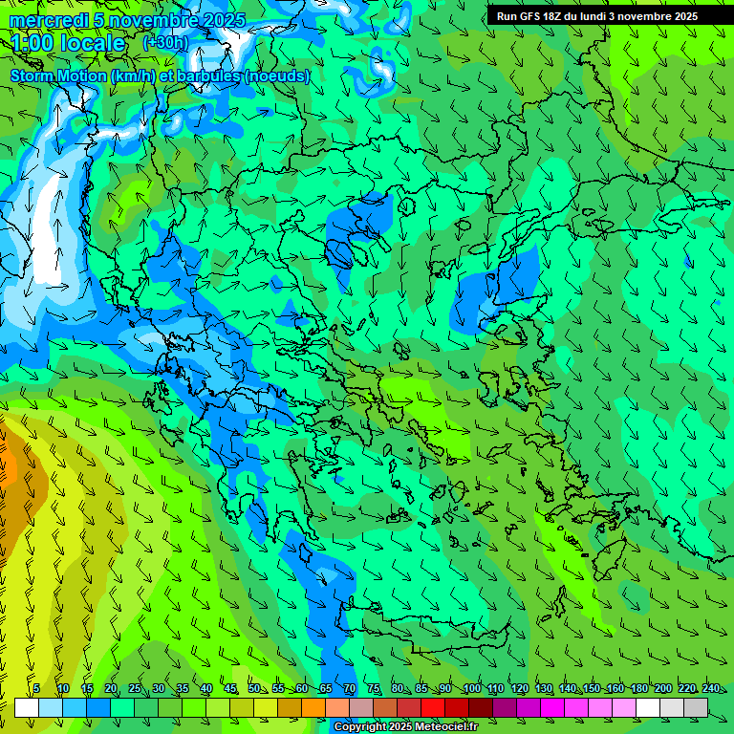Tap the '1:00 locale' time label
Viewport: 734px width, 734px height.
pyautogui.click(x=68, y=43)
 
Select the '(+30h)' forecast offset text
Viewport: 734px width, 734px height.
pyautogui.click(x=165, y=43)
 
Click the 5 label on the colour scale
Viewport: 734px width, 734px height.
pyautogui.click(x=36, y=689)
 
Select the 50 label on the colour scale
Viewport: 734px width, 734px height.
pyautogui.click(x=253, y=689)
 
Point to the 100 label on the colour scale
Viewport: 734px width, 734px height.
pyautogui.click(x=471, y=689)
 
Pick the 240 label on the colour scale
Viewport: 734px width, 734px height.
pyautogui.click(x=711, y=689)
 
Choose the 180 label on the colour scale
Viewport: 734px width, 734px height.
pyautogui.click(x=638, y=689)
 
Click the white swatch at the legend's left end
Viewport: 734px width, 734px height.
pyautogui.click(x=27, y=707)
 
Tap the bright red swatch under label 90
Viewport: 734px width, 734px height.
pyautogui.click(x=433, y=707)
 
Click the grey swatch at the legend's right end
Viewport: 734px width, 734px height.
pyautogui.click(x=696, y=707)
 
